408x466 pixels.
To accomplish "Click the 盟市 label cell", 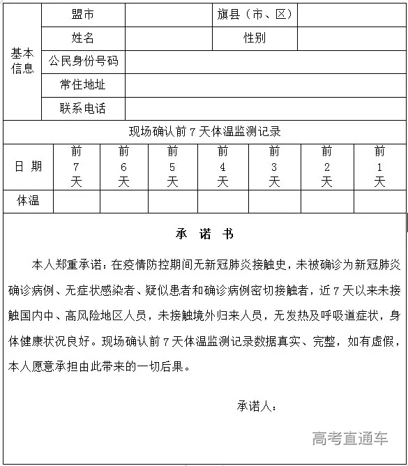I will point(83,14).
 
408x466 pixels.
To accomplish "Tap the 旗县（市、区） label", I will point(255,14).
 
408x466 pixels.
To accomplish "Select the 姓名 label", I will point(83,38).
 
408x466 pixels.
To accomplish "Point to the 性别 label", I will point(255,38).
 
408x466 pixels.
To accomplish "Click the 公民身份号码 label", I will point(83,61).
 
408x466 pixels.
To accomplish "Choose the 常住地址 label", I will point(83,84).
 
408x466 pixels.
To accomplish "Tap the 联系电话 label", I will point(83,108).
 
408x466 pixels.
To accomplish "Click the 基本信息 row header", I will point(22,61).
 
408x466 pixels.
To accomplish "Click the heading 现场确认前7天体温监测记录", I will point(204,131).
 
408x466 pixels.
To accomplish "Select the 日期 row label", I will point(28,166).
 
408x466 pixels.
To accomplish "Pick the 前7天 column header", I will point(77,166).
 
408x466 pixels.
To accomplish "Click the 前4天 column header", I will point(222,166).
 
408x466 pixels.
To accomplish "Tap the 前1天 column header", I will point(379,166).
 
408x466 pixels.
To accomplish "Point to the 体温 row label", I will point(28,201).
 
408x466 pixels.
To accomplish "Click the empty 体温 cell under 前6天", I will point(123,201).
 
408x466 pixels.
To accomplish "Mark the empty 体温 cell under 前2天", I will point(326,201).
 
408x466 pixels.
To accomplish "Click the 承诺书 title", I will point(204,234).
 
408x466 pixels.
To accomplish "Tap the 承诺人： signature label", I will point(257,406).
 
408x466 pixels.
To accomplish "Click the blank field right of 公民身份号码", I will point(265,61).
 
